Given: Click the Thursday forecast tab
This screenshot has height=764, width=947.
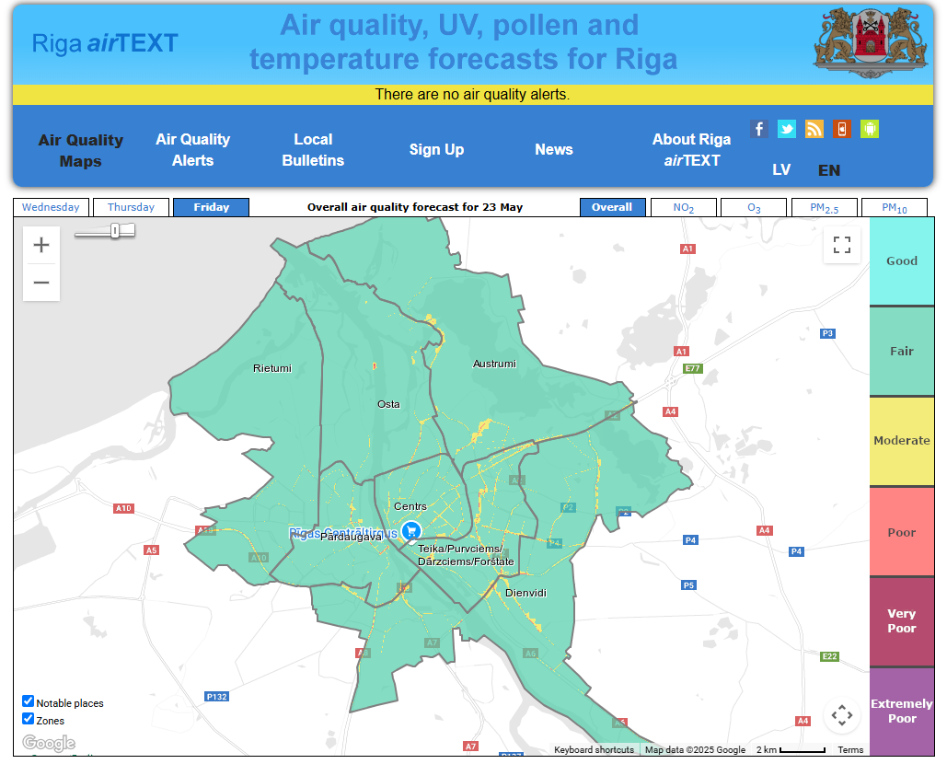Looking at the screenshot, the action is [131, 207].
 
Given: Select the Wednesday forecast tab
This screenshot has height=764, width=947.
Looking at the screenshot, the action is [51, 207].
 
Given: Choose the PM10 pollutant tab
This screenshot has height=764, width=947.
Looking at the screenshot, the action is [894, 208].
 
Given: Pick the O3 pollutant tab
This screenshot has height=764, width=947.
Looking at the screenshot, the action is [753, 208].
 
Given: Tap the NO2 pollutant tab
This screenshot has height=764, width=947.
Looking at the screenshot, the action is [683, 208].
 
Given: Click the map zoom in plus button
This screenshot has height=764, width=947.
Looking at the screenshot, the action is [41, 245].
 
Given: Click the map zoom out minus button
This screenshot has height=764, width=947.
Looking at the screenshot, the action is [41, 283].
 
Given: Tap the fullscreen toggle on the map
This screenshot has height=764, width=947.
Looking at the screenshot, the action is [841, 245].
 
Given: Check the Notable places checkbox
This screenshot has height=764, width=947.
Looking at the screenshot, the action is [29, 701].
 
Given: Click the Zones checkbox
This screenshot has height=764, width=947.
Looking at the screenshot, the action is [29, 719].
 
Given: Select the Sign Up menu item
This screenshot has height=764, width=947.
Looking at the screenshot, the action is [436, 149].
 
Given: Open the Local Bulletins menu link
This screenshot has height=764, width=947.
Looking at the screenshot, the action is [313, 150].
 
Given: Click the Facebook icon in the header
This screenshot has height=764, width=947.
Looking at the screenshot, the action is [758, 129].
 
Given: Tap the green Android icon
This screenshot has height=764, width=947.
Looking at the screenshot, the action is [870, 129].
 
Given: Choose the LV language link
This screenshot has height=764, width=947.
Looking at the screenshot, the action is [781, 170].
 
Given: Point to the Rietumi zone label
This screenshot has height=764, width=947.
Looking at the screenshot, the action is [271, 368].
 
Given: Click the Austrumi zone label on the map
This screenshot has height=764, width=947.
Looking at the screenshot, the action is [494, 364].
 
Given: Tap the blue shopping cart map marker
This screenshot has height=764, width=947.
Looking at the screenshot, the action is [411, 530].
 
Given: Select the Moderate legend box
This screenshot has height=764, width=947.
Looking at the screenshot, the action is [901, 441].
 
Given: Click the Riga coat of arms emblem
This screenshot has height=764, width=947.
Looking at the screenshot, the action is [865, 42].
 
